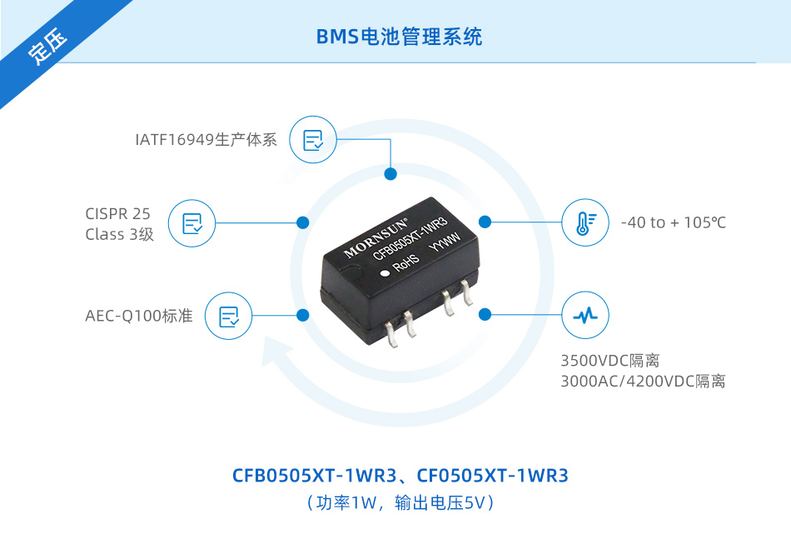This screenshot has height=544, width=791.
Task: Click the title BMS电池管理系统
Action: point(399,37)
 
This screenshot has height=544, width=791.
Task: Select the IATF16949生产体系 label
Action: point(206,140)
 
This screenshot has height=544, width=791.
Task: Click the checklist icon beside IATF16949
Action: point(313,140)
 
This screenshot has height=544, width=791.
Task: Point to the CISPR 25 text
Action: point(117,214)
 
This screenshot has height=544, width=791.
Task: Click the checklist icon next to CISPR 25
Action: point(192,223)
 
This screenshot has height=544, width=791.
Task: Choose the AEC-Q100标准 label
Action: point(139,316)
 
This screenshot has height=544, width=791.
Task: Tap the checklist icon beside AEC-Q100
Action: point(228,317)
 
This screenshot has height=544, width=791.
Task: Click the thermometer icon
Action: point(585,223)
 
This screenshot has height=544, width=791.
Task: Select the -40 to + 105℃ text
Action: point(674,222)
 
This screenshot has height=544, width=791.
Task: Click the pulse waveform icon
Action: point(585,316)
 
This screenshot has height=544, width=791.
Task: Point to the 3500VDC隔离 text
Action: point(609,361)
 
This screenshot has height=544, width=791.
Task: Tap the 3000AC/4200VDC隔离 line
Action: point(643,381)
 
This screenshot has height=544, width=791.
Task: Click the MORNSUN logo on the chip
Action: point(376,237)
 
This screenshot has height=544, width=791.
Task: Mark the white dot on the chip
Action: point(386,273)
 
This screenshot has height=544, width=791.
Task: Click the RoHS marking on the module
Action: point(406,262)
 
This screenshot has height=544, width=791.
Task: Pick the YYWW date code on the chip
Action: point(445,242)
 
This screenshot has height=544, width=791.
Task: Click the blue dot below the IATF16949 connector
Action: point(391,174)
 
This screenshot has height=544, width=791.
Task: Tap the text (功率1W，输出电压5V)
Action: point(400,503)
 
